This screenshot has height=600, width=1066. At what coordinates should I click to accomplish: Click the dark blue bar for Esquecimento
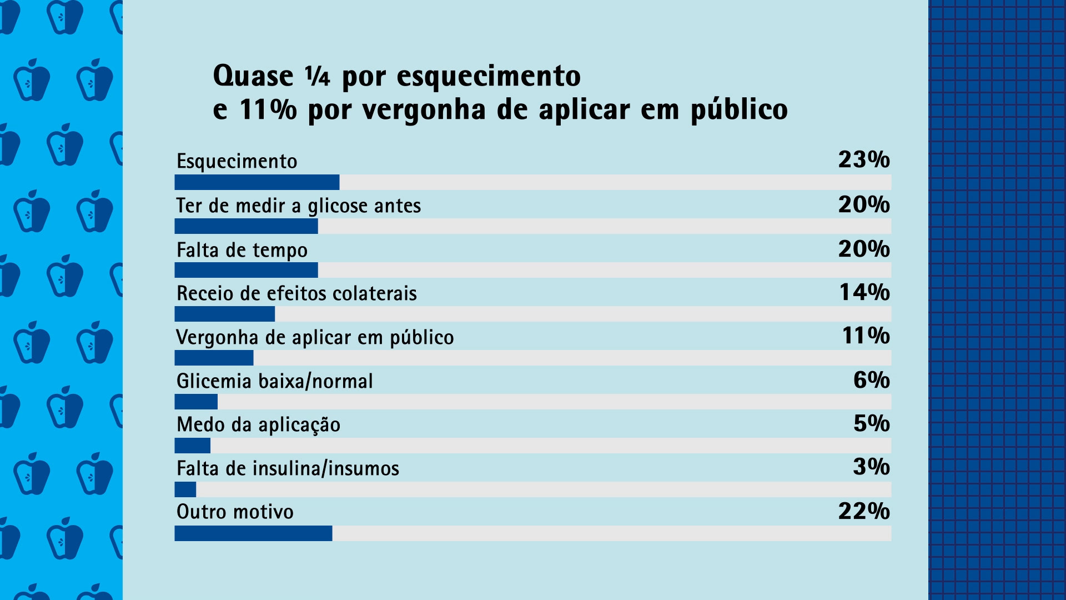point(257,182)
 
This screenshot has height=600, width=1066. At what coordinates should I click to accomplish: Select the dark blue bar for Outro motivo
point(253,533)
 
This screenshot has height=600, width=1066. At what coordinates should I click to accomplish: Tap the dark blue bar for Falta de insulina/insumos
point(185,489)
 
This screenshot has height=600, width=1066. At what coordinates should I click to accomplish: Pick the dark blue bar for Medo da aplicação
point(193,446)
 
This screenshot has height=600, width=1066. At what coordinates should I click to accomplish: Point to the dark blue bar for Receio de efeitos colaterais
point(224,314)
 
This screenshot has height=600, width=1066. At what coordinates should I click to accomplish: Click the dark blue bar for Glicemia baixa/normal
point(196,402)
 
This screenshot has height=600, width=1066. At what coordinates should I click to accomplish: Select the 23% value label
point(863,160)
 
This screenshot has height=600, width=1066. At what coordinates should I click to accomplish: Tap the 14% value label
point(864,292)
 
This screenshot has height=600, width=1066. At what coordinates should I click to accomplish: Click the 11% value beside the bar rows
point(866,336)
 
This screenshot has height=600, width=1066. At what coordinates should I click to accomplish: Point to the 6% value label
point(871,380)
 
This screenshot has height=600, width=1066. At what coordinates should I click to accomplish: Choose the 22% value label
point(863,511)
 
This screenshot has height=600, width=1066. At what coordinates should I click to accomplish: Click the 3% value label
point(871,467)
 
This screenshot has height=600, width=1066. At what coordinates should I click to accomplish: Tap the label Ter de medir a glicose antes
point(299,206)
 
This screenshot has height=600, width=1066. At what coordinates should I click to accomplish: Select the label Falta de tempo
point(242,251)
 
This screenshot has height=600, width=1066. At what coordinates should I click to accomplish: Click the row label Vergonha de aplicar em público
point(315,338)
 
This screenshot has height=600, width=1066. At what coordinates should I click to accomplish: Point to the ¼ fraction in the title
point(317,76)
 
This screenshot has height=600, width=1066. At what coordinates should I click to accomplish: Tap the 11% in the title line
point(268,109)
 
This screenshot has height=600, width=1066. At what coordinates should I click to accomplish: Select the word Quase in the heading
point(253,76)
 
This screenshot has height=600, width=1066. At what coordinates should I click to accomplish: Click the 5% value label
point(871,424)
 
